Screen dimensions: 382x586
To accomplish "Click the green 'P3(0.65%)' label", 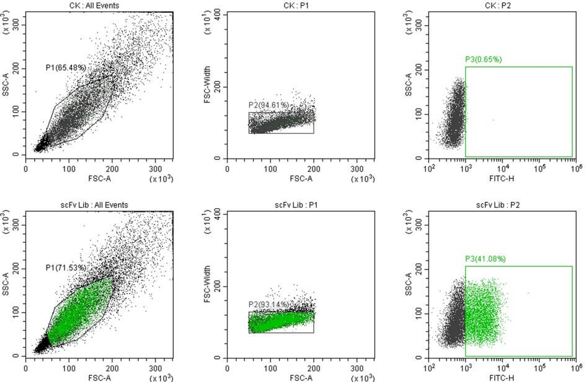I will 483,59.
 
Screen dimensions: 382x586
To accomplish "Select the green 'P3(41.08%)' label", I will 486,259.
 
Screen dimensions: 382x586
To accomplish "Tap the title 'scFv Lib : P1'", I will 300,205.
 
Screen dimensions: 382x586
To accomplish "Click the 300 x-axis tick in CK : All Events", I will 154,168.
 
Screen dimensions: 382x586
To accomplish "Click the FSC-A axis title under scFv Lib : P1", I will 300,377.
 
